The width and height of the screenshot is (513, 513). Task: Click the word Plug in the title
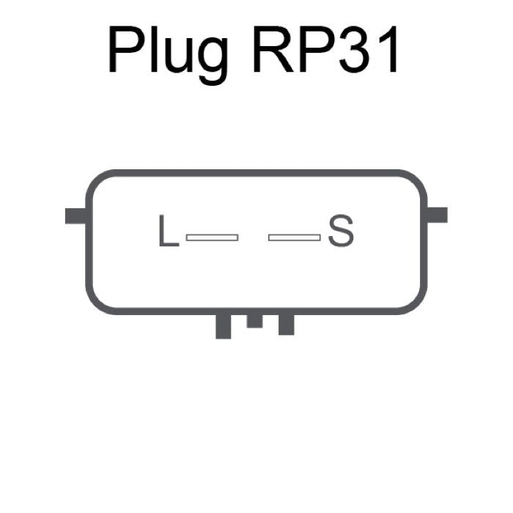[x=168, y=55]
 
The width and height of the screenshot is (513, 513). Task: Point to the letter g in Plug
[x=213, y=61]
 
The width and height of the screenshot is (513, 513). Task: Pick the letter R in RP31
[x=273, y=49]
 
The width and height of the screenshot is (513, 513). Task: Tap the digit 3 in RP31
[x=355, y=49]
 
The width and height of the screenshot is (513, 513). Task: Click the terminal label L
[x=169, y=230]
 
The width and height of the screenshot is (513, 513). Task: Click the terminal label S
[x=341, y=230]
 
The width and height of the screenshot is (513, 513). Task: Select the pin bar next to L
[x=212, y=237]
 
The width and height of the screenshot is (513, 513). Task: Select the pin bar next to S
[x=295, y=237]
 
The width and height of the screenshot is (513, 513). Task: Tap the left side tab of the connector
[x=76, y=216]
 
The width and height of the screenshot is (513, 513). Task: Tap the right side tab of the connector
[x=437, y=215]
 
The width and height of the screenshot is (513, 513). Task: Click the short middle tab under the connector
[x=254, y=321]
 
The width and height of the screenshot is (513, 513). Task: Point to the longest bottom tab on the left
[x=224, y=326]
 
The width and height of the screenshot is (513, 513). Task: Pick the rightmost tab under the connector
[x=287, y=324]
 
